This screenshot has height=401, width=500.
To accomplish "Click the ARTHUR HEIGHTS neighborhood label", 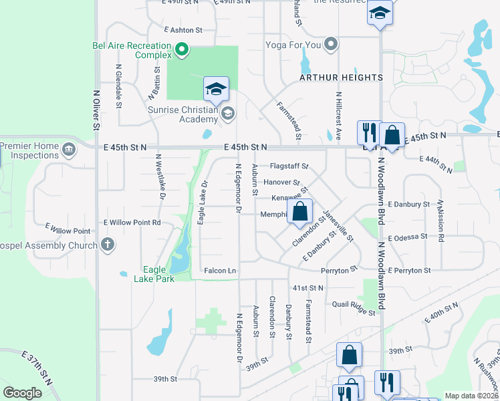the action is [341, 78].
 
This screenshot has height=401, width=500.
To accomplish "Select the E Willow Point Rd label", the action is [132, 222].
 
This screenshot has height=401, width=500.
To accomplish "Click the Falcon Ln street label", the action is [220, 270].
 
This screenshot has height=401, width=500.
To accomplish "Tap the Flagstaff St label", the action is [289, 165].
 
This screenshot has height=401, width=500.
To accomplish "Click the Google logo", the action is [23, 393].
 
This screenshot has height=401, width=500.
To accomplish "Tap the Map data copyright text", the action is [471, 396].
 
